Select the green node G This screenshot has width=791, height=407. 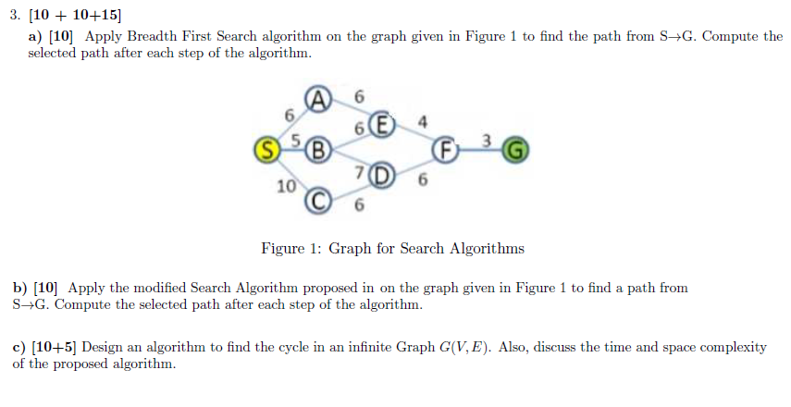(x=517, y=149)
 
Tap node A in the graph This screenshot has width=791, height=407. (x=318, y=99)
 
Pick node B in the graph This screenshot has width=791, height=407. (x=318, y=149)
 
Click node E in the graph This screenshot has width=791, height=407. (x=382, y=124)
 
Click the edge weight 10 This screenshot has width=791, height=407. (x=286, y=186)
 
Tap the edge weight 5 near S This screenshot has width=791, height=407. (x=297, y=140)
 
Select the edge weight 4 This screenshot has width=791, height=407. (x=423, y=120)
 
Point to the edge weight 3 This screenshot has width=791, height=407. (x=487, y=140)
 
